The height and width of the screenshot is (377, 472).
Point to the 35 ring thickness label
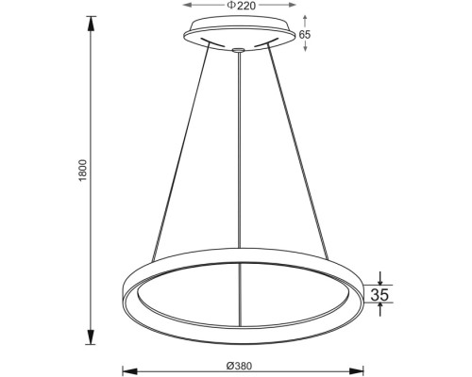point(379,295)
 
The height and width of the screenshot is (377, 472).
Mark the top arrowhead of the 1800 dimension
point(92,20)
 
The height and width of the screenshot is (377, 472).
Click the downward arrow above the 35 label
point(379,279)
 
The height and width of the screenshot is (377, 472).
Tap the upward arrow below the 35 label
point(379,310)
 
